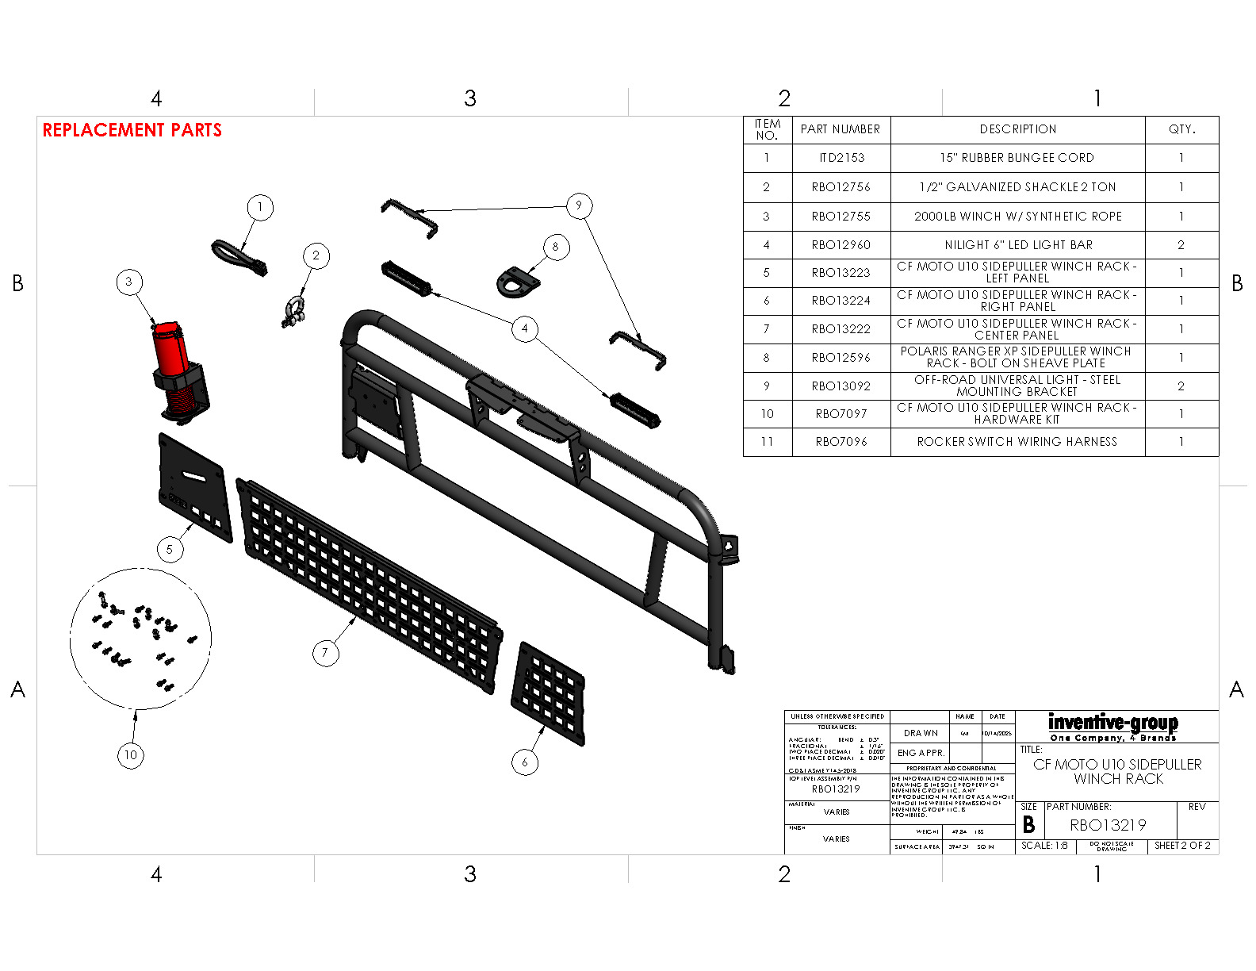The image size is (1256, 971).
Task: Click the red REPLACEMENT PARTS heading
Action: (132, 130)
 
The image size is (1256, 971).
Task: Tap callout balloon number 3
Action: (129, 282)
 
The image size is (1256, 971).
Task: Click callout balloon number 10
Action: (131, 755)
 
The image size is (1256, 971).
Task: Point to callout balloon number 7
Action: (324, 653)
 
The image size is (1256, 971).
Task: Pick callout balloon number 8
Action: (556, 247)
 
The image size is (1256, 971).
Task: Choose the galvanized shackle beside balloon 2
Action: (293, 311)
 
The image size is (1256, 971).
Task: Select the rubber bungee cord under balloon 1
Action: (237, 258)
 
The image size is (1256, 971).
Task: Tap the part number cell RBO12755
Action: (841, 217)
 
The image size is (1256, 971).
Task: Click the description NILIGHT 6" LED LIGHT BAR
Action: (1018, 245)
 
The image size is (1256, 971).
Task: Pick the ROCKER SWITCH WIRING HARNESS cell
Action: (1017, 442)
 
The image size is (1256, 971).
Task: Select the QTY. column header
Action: (1181, 129)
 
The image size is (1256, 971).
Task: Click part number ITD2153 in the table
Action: (841, 158)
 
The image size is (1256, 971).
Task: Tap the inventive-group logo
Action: (1113, 726)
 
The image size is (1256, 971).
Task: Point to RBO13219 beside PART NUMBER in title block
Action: (1108, 825)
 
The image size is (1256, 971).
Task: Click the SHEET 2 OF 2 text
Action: (1182, 846)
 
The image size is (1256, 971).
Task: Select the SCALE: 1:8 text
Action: (1044, 846)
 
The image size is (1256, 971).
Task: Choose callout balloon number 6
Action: (525, 762)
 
